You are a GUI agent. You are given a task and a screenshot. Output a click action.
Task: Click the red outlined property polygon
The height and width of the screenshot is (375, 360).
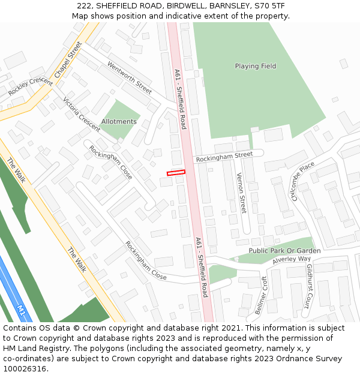(176, 173)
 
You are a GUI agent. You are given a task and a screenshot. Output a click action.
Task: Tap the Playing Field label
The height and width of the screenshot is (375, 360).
(256, 66)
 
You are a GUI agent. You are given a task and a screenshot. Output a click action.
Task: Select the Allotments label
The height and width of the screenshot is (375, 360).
(119, 121)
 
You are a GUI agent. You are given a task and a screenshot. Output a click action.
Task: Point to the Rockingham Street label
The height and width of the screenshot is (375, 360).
(224, 156)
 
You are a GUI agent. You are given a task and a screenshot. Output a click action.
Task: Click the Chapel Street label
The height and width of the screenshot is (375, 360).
(67, 59)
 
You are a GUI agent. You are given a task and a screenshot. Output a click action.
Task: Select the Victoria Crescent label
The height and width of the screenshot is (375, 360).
(81, 114)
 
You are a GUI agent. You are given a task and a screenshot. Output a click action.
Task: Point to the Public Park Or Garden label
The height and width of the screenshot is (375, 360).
(284, 251)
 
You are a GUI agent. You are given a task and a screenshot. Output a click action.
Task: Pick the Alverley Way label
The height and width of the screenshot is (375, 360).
(292, 260)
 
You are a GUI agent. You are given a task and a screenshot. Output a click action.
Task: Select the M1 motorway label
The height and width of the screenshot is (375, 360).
(22, 310)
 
